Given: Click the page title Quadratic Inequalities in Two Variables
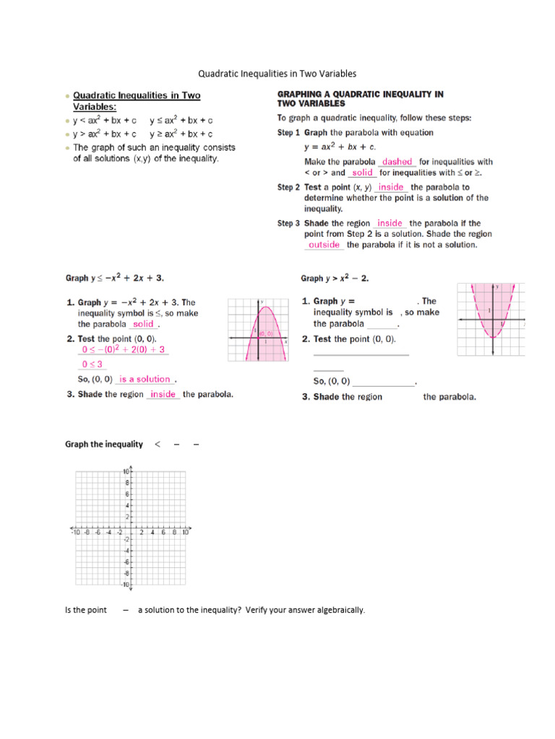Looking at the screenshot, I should click(277, 74).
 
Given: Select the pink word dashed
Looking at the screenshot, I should click(397, 162).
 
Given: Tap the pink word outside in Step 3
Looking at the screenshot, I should click(324, 245).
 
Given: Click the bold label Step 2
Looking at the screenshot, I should click(288, 187).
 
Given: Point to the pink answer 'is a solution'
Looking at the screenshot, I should click(145, 379).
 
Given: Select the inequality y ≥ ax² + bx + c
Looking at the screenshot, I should click(181, 134).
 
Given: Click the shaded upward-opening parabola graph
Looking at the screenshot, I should click(491, 318).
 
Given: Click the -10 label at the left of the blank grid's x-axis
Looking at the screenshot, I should click(76, 533).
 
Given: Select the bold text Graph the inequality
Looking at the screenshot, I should click(104, 444).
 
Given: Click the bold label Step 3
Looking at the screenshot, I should click(288, 223).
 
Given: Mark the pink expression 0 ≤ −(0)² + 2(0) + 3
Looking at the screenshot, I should click(124, 349).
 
